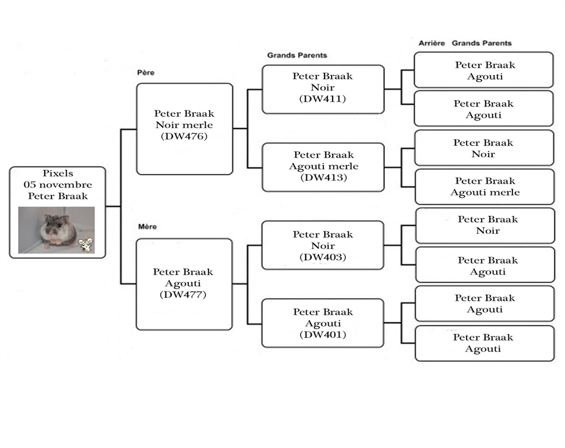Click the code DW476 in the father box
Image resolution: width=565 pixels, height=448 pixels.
click(184, 136)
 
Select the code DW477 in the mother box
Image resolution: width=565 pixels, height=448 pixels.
click(183, 295)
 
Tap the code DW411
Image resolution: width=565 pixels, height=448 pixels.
click(323, 99)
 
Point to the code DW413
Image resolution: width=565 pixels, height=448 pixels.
click(324, 177)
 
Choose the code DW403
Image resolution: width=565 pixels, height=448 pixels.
click(323, 257)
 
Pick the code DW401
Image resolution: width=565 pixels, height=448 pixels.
click(323, 335)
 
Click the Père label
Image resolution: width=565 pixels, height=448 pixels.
click(146, 73)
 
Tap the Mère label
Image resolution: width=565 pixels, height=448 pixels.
click(147, 227)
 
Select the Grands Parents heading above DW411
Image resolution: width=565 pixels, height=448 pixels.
click(297, 55)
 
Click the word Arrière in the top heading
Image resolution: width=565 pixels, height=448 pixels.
click(432, 43)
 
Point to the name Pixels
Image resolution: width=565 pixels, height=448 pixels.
click(58, 173)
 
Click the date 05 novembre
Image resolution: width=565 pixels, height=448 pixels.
click(58, 184)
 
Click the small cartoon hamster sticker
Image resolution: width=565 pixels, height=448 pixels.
click(86, 245)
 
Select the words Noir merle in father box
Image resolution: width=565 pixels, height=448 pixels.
click(184, 125)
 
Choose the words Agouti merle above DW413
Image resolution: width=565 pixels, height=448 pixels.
click(324, 166)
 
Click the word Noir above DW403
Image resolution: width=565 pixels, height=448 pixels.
click(323, 246)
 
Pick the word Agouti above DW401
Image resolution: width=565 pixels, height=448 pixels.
click(323, 324)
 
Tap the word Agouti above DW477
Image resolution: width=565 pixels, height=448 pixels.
click(183, 283)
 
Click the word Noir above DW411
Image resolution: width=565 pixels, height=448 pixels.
click(323, 87)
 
